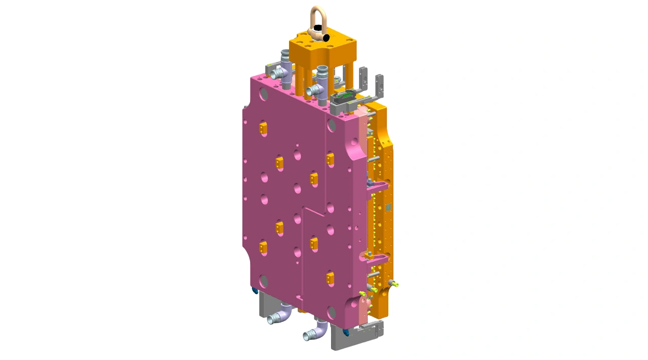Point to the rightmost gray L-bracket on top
click(378, 86)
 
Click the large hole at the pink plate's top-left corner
click(263, 93)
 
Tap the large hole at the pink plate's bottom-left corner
click(263, 280)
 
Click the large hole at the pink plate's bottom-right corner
click(332, 313)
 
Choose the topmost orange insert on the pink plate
click(263, 129)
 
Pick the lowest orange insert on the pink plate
click(330, 277)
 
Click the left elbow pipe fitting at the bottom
click(280, 315)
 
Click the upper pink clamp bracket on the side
click(377, 187)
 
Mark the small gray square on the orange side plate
click(388, 207)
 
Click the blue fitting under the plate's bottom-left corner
click(255, 291)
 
